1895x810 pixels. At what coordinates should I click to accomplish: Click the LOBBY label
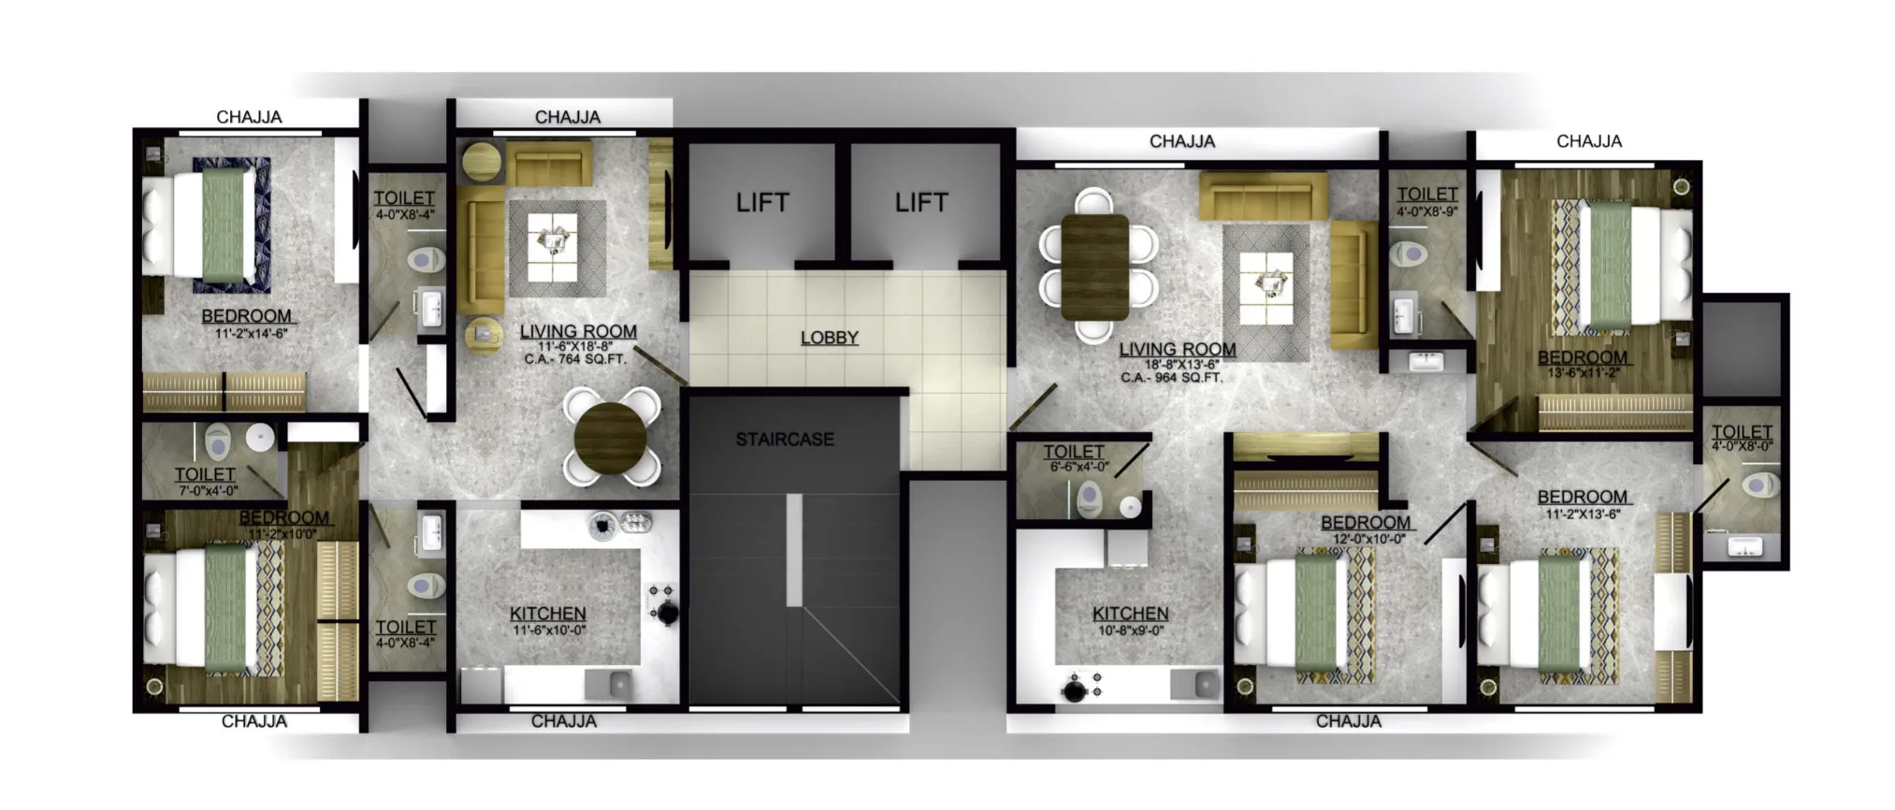click(x=829, y=338)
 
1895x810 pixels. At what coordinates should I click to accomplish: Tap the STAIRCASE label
click(x=784, y=439)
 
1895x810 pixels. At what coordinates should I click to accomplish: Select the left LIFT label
click(x=762, y=202)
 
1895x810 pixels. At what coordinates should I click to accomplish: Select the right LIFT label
click(x=920, y=202)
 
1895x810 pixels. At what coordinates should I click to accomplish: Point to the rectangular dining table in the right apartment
click(x=1095, y=267)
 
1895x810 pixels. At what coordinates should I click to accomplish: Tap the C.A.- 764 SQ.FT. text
click(x=575, y=359)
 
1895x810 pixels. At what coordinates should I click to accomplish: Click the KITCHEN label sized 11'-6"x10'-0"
click(x=548, y=614)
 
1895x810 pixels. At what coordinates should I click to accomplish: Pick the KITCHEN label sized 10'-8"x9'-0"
click(x=1130, y=614)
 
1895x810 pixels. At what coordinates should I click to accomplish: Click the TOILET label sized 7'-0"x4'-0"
click(x=205, y=475)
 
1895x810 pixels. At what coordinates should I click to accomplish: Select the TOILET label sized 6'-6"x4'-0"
click(x=1074, y=452)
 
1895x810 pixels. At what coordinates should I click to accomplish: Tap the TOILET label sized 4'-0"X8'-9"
click(x=1427, y=195)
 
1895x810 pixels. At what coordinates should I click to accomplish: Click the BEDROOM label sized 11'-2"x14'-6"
click(x=246, y=316)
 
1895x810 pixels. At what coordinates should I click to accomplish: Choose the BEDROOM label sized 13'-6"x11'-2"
click(x=1582, y=357)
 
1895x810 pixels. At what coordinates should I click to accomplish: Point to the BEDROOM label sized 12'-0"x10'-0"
click(x=1365, y=523)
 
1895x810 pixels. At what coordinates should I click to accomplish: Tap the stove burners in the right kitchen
click(x=1078, y=687)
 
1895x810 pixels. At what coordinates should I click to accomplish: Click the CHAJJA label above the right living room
click(x=1182, y=141)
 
